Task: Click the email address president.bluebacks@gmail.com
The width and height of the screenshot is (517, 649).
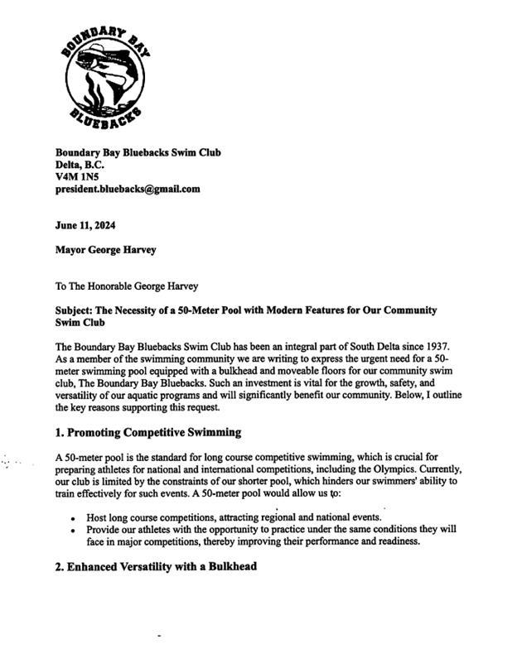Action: point(128,189)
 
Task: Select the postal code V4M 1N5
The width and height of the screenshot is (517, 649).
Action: point(75,176)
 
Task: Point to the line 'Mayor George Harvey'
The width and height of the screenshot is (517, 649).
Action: point(105,250)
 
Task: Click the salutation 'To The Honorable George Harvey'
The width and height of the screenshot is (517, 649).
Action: point(127,286)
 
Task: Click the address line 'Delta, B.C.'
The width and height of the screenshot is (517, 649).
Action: point(80,164)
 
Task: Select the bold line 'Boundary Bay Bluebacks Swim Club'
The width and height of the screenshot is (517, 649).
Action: point(138,152)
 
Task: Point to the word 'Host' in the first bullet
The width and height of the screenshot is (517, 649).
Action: point(98,517)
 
